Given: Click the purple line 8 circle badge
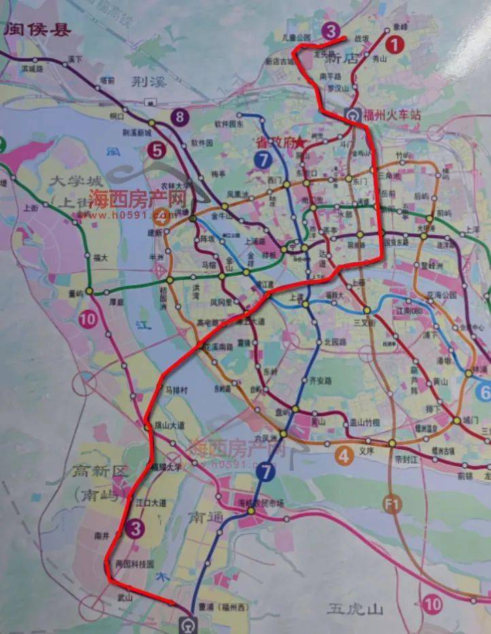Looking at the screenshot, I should tap(180, 117).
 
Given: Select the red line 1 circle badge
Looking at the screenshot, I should tap(394, 46).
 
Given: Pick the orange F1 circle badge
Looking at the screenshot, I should tap(392, 504).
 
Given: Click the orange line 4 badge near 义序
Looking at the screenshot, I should tap(345, 456).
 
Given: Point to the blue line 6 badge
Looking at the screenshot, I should tap(484, 392).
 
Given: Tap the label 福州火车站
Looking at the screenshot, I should tap(392, 115).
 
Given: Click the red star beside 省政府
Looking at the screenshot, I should tap(300, 143).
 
